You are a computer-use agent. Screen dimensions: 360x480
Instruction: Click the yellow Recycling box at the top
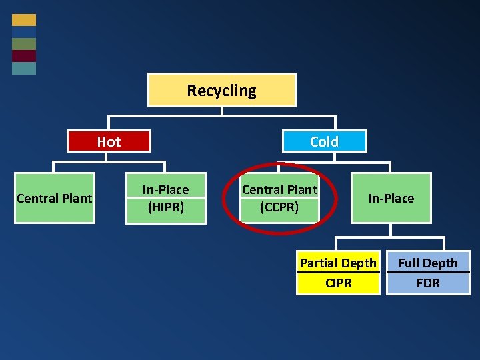tap(221, 90)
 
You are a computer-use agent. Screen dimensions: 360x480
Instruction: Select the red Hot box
tap(109, 141)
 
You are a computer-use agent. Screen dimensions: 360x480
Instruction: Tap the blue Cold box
tap(324, 141)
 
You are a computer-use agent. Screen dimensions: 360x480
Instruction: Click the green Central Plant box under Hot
tap(54, 198)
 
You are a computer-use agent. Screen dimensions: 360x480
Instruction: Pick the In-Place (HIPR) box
tap(165, 198)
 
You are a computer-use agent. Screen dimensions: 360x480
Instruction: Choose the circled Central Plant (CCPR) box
tap(279, 198)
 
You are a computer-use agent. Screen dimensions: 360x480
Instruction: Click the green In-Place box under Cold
tap(391, 198)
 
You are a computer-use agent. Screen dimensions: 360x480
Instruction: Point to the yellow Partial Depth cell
tap(338, 263)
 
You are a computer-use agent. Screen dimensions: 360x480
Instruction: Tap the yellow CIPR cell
tap(338, 283)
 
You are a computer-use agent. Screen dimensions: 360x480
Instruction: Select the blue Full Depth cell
tap(428, 263)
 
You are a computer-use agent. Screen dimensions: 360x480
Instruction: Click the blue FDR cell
tap(428, 283)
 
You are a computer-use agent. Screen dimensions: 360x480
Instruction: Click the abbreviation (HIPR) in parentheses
tap(165, 207)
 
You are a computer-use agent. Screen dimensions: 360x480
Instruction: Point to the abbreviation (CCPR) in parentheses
tap(279, 207)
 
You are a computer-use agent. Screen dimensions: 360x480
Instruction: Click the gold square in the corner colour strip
tap(24, 20)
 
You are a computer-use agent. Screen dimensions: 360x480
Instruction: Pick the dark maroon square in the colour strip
tap(24, 56)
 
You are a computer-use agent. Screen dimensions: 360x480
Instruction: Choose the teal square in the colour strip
tap(24, 68)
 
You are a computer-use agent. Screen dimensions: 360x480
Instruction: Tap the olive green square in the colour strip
tap(24, 44)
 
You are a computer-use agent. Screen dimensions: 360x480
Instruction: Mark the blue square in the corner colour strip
tap(24, 32)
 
